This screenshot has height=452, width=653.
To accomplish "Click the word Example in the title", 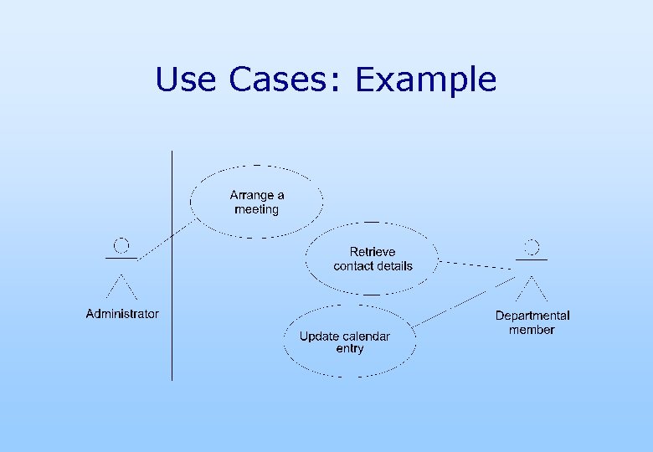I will pos(425,80).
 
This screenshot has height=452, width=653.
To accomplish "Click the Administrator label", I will pos(122,314).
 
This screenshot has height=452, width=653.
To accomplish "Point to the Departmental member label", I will pos(532,322).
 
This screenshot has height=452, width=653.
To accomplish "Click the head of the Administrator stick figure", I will pos(121,245).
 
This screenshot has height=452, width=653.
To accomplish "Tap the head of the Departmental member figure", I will pos(532,247).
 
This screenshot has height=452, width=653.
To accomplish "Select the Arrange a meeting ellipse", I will pos(256,202).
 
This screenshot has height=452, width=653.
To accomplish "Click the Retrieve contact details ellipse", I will pos(373,259).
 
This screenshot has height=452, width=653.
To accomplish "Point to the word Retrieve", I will pos(373,251).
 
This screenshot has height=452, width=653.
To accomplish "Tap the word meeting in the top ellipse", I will pos(256,209).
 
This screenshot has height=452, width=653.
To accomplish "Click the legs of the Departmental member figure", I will pos(532,288).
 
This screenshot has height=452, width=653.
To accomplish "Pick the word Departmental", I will pos(532,316).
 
